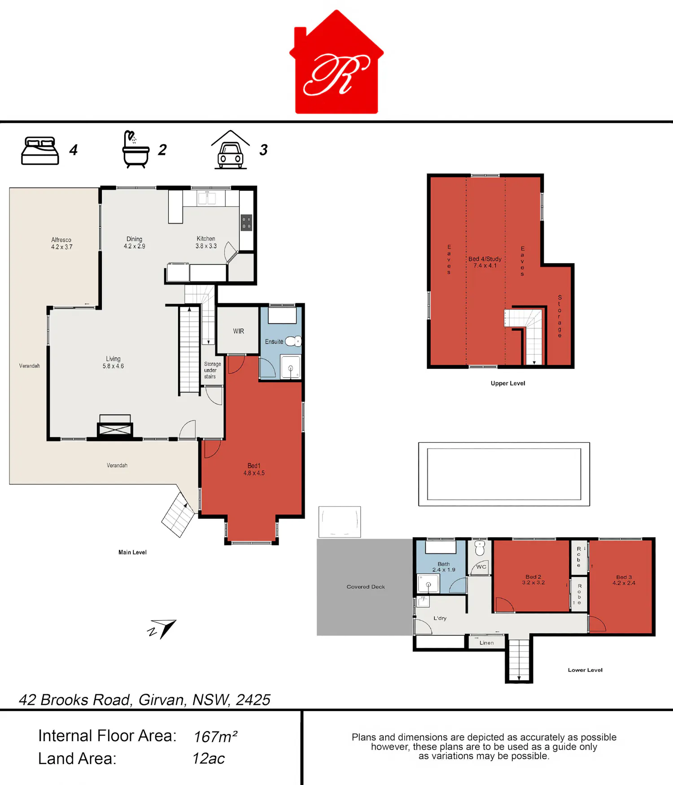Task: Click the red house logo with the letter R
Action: [x=336, y=62]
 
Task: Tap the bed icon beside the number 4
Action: [x=40, y=151]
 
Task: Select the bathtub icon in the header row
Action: [x=135, y=149]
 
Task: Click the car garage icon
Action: [x=231, y=150]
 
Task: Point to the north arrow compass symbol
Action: [x=162, y=628]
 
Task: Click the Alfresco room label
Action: [x=61, y=243]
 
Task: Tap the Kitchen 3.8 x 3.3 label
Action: [x=206, y=242]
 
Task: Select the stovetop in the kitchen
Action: [x=246, y=223]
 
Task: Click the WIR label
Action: [x=239, y=331]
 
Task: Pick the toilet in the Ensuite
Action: [x=293, y=341]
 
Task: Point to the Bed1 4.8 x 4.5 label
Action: [x=254, y=469]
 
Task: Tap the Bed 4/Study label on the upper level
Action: [x=485, y=262]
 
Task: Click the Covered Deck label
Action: [x=366, y=587]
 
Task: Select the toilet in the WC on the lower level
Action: [x=480, y=548]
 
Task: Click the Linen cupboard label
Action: [x=486, y=643]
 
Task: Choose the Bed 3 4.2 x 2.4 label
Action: [x=624, y=580]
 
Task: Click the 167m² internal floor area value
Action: [x=215, y=737]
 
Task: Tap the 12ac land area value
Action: [x=209, y=759]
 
